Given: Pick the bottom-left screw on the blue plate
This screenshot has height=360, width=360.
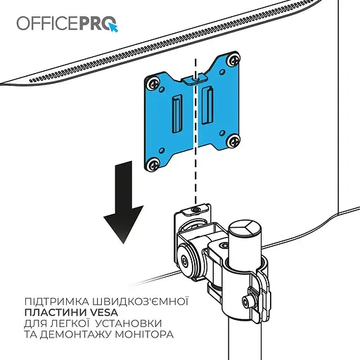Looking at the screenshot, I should pos(153,164).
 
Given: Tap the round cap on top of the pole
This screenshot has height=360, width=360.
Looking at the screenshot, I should pos(245,231).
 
